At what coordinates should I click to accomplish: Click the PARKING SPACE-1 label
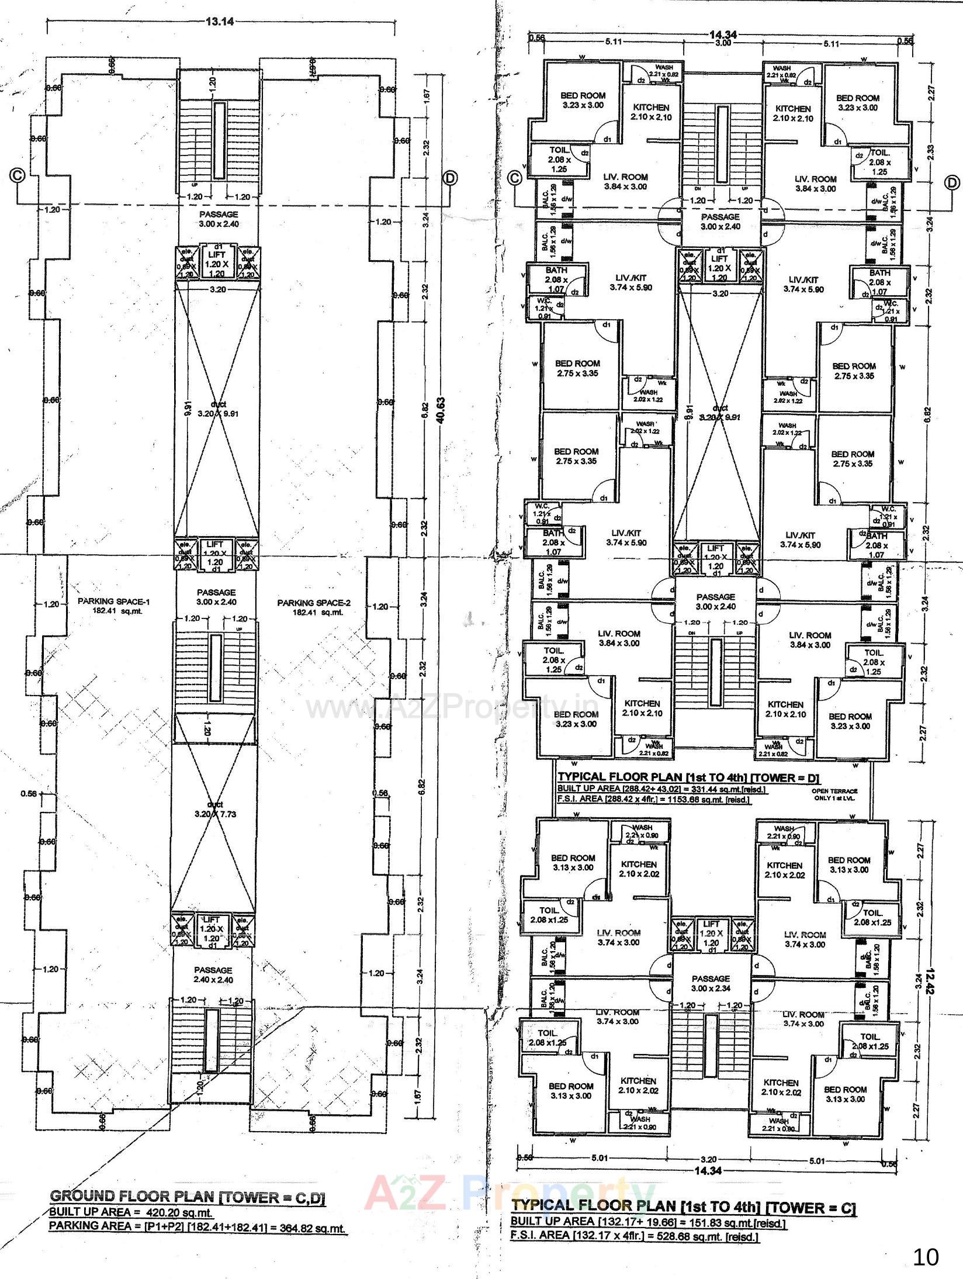point(106,602)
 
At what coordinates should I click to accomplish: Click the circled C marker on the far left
point(18,175)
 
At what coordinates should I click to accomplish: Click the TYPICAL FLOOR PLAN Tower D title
point(689,777)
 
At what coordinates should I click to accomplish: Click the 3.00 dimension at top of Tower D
point(723,43)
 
